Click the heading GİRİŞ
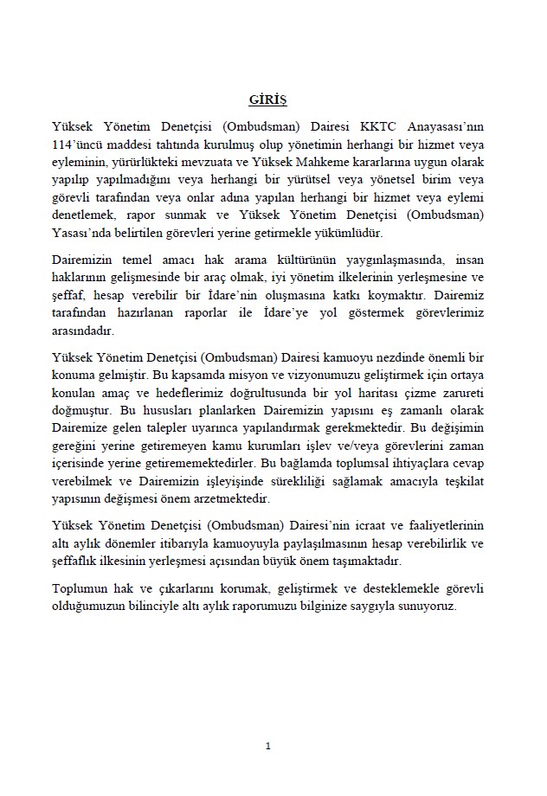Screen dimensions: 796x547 click(x=268, y=100)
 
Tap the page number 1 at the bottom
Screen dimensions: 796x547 click(x=268, y=746)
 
